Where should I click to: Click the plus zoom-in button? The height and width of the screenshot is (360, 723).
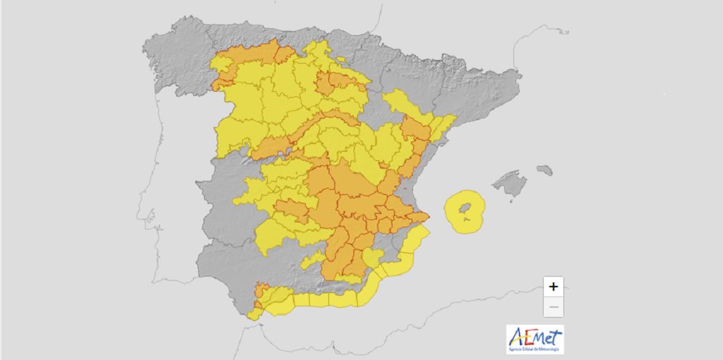554,287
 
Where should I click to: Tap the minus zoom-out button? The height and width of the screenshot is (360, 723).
554,307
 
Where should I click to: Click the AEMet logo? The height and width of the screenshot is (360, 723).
534,338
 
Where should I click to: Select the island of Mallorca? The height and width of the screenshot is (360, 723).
510,185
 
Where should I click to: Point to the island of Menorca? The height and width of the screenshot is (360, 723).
544,170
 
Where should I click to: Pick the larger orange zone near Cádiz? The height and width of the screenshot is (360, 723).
261,290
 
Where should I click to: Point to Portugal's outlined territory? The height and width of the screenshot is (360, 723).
169,198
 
